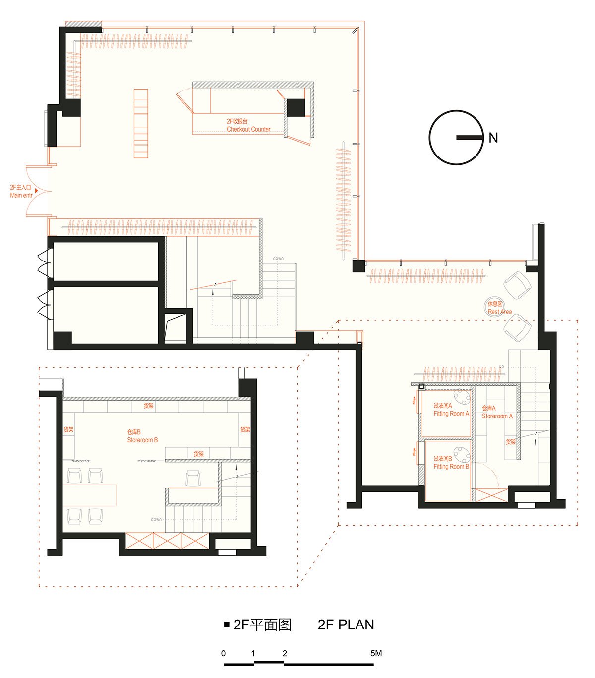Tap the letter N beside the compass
493,138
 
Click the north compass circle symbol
456,138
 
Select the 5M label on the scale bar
376,653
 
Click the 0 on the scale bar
223,653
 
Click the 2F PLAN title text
346,625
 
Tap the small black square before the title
227,625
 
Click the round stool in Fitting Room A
462,397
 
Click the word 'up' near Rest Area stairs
501,367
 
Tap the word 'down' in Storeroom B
156,519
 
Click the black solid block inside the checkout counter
296,107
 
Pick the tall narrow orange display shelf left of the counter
141,123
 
